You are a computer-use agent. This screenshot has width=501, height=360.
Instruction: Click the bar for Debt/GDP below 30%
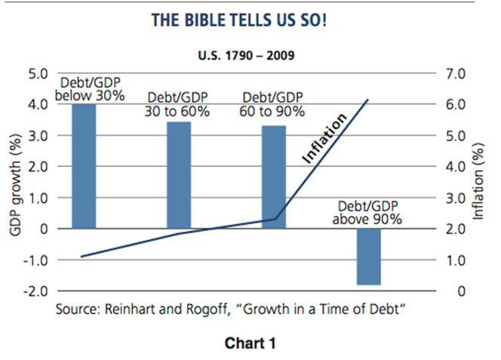click(84, 166)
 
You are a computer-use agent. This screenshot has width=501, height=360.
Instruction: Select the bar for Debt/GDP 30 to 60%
click(178, 174)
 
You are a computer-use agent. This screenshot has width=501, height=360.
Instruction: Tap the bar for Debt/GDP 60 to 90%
click(274, 177)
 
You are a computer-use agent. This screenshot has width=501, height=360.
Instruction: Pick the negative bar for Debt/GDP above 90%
click(369, 257)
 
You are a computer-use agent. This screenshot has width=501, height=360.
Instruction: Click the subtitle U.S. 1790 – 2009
click(249, 56)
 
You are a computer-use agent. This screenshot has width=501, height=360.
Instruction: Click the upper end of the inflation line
click(367, 100)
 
